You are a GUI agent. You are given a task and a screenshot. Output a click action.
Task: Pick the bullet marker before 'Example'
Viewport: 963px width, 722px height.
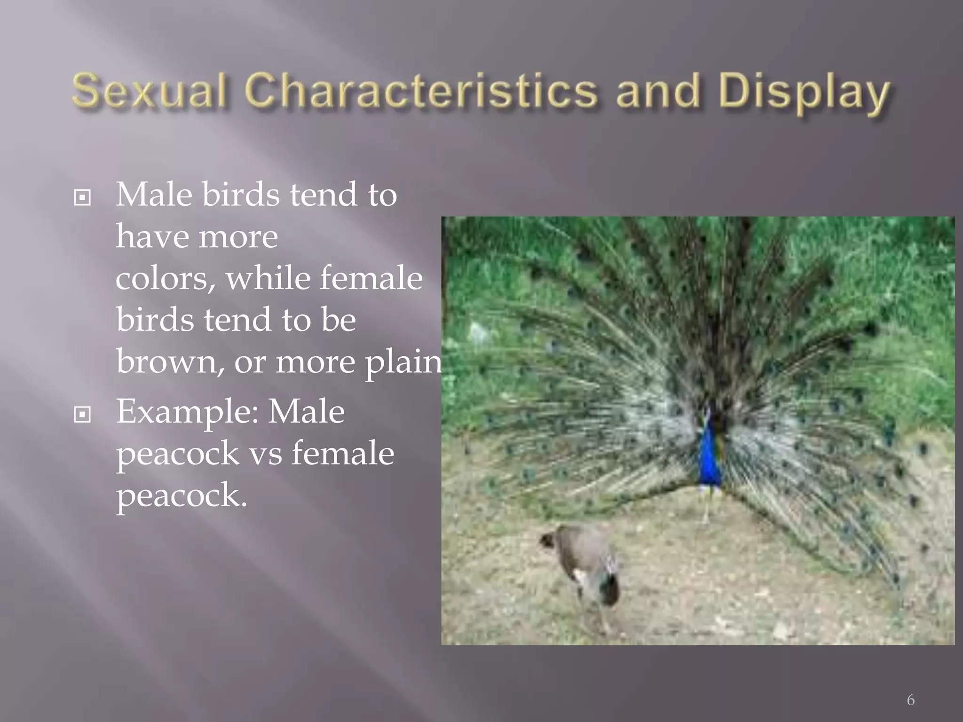[x=83, y=415]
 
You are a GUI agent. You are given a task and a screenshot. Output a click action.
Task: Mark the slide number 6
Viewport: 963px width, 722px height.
[x=910, y=700]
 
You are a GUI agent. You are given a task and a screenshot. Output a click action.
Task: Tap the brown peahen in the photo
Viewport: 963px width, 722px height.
[x=588, y=564]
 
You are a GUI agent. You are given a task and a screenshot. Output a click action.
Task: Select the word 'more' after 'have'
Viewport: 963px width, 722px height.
[x=237, y=236]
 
